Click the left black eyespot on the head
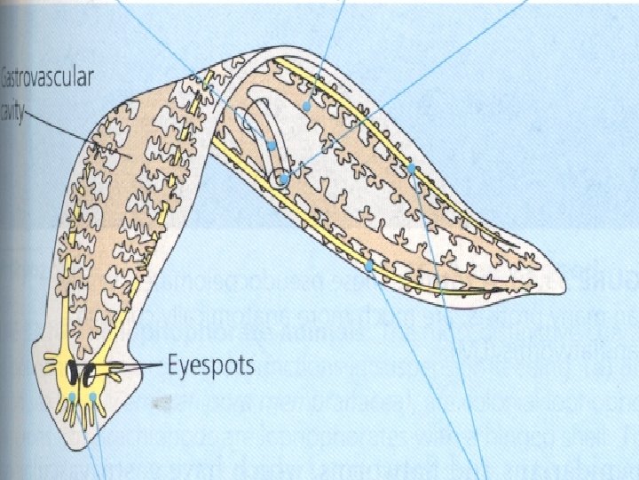[x=73, y=370]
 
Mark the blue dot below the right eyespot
[x=92, y=396]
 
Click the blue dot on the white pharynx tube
[x=272, y=145]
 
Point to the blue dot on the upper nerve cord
[x=412, y=167]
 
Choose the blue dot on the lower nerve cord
[x=367, y=265]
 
